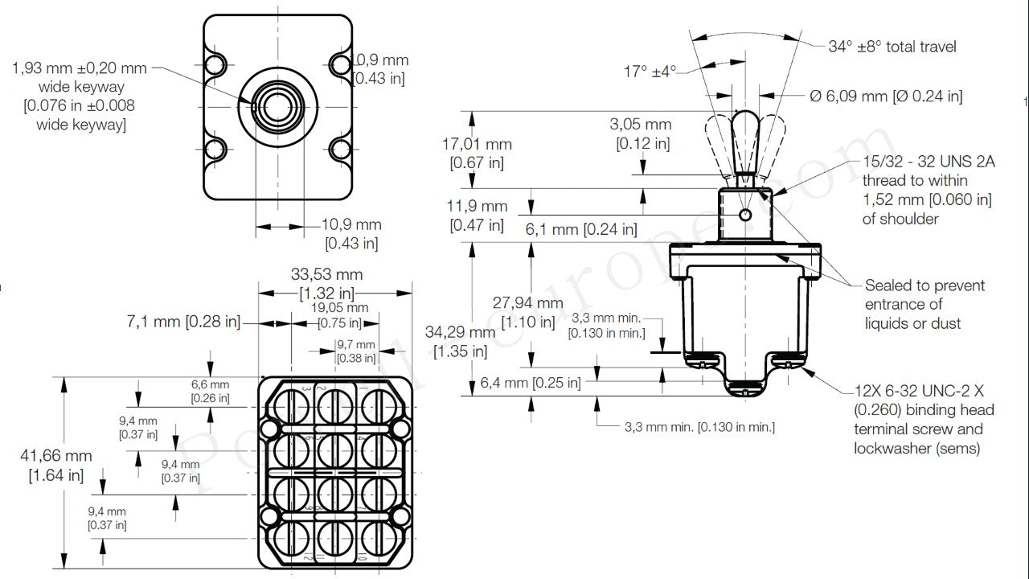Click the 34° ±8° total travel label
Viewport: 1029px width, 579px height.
(x=892, y=47)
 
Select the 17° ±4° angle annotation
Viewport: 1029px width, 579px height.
(x=650, y=72)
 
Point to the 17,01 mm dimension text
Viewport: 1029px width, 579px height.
(x=477, y=153)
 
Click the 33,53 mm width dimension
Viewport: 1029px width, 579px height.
(x=326, y=282)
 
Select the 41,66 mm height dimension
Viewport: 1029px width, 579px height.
(x=55, y=465)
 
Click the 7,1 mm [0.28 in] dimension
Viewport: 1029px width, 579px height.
(x=183, y=322)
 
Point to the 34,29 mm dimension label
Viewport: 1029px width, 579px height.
(x=461, y=341)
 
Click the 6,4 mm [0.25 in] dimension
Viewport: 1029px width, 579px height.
(x=530, y=383)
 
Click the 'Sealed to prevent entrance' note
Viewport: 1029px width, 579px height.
(x=924, y=304)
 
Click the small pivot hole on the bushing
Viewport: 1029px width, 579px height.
(x=746, y=214)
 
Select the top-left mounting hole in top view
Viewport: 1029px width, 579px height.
(x=215, y=64)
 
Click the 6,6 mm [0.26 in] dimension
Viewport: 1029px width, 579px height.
(x=210, y=391)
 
